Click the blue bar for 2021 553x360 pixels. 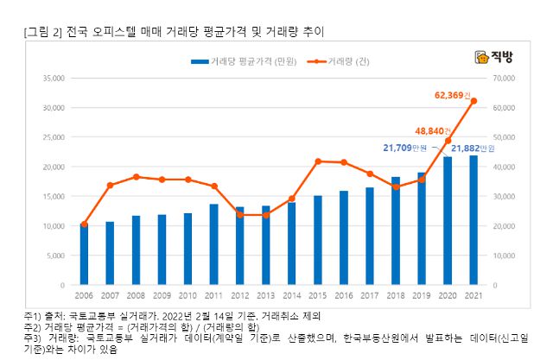pyautogui.click(x=474, y=220)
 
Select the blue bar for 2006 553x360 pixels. pyautogui.click(x=84, y=255)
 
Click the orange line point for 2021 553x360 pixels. pyautogui.click(x=474, y=101)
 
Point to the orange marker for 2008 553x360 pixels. pyautogui.click(x=136, y=177)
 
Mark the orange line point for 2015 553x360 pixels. pyautogui.click(x=318, y=161)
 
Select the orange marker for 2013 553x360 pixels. pyautogui.click(x=266, y=214)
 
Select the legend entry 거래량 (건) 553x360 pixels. pyautogui.click(x=344, y=61)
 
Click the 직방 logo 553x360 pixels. pyautogui.click(x=493, y=57)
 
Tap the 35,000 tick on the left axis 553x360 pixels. pyautogui.click(x=54, y=78)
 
